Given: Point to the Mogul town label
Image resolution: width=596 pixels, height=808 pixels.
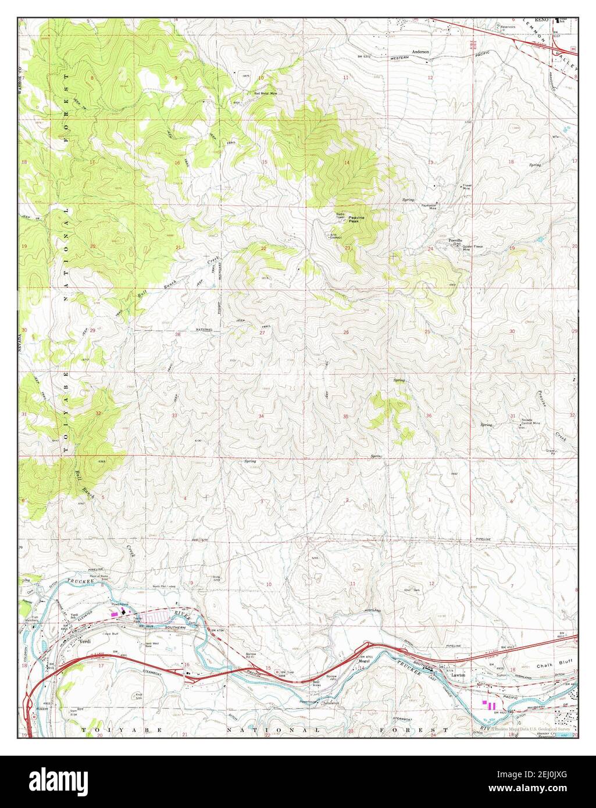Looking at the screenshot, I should [365, 660].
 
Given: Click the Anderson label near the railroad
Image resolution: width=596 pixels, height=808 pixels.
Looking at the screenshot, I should [420, 52].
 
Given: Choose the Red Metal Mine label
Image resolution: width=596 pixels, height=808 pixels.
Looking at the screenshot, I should [265, 92].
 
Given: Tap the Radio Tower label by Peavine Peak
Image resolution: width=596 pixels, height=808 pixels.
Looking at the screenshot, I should [340, 216].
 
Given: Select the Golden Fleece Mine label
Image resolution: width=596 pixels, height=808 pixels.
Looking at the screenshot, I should [472, 248].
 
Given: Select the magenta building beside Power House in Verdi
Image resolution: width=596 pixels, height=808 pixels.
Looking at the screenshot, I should [115, 613].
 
